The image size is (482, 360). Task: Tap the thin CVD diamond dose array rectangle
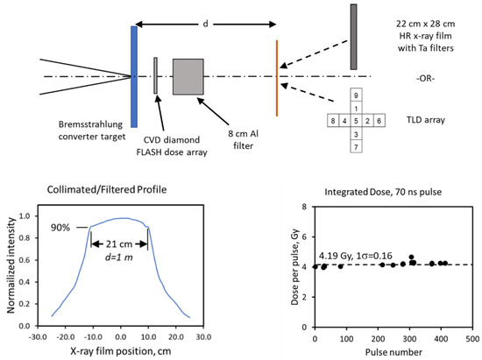coord(156,74)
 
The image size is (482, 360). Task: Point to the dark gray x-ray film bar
coord(353,37)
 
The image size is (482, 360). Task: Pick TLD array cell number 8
coord(332,121)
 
